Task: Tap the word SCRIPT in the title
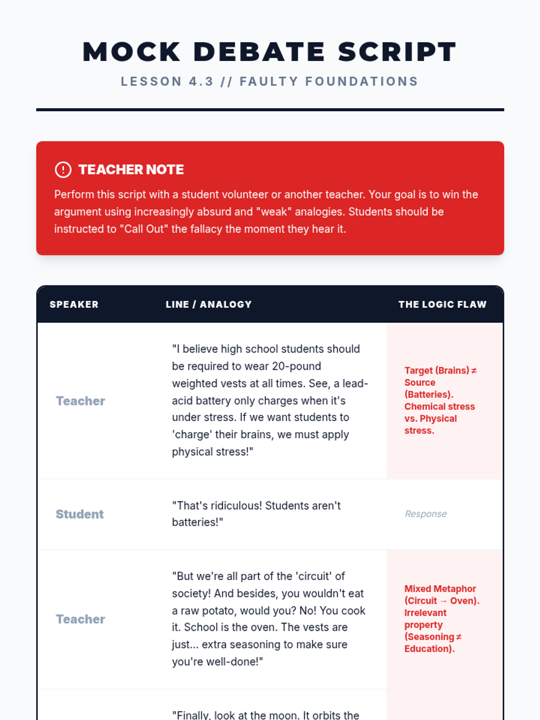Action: [x=397, y=52]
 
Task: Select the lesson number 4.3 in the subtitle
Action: [x=201, y=81]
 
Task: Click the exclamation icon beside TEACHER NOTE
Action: [x=63, y=170]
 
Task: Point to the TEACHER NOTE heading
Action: [x=131, y=170]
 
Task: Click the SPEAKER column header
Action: [x=74, y=305]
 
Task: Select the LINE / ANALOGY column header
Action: [x=208, y=305]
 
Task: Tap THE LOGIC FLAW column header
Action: [x=442, y=305]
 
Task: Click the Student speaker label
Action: [x=80, y=514]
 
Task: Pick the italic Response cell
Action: [x=426, y=514]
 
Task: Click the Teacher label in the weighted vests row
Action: [x=80, y=401]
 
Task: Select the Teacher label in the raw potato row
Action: [x=80, y=619]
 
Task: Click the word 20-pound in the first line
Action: [x=296, y=366]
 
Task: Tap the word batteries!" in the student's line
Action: [x=197, y=522]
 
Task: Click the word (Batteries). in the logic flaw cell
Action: [x=429, y=395]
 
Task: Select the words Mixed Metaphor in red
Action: [x=440, y=589]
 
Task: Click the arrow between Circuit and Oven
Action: [x=443, y=601]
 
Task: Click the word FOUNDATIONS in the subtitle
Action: [x=362, y=81]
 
